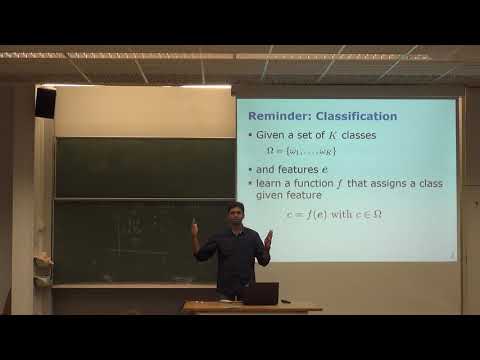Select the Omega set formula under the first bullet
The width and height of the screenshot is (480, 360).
[300, 151]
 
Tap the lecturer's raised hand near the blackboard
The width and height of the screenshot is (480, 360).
[195, 228]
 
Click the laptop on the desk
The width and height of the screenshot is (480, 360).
[260, 293]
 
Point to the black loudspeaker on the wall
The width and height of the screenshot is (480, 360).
[45, 102]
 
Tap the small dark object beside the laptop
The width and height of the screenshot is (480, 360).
[286, 300]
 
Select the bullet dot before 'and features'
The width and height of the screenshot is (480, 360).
[250, 170]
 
